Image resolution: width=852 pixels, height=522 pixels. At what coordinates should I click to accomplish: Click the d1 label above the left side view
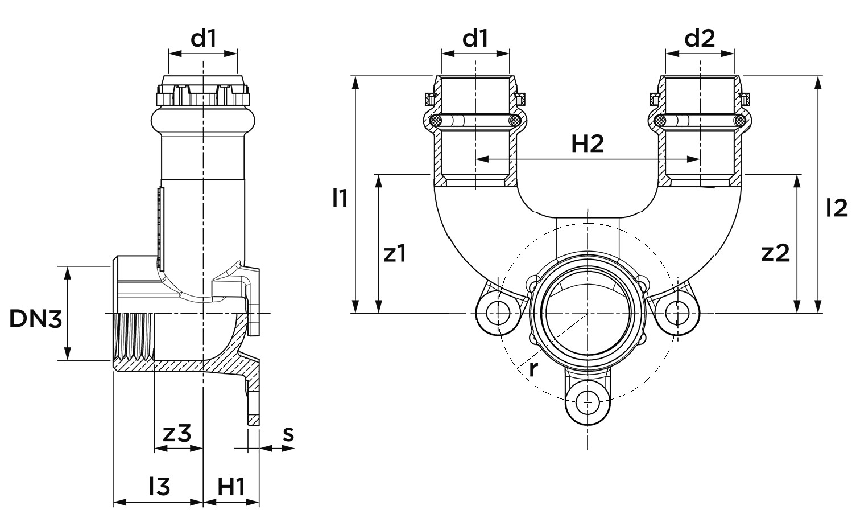tap(204, 39)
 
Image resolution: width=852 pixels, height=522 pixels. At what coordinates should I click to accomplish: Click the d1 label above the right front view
tap(475, 39)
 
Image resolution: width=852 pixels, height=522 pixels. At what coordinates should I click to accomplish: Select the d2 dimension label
tap(700, 39)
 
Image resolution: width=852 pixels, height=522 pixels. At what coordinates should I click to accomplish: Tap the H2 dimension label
tap(587, 145)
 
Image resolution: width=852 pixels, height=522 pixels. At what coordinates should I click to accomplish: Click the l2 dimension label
tap(836, 208)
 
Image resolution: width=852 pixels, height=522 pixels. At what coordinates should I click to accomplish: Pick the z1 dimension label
tap(395, 253)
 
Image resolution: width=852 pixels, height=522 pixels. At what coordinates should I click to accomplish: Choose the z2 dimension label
tap(775, 253)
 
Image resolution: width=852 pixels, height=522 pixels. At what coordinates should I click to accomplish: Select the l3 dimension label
tap(159, 487)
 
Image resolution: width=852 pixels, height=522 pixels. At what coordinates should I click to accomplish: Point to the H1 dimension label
tap(231, 487)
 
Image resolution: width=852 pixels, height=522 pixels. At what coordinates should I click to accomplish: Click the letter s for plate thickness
tap(288, 434)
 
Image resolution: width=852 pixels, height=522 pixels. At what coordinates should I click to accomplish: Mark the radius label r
tap(533, 369)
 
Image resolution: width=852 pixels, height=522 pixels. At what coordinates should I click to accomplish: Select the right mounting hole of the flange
tap(675, 313)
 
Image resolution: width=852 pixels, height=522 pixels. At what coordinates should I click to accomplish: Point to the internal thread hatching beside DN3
tap(134, 336)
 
